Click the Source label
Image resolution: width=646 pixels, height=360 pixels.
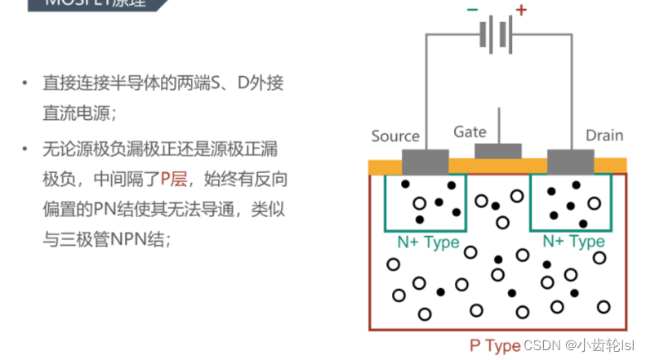pos(395,136)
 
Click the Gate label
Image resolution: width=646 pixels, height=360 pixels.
pos(470,131)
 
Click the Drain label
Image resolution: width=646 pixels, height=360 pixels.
pos(604,136)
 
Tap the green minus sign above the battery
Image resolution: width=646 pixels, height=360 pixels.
pos(472,11)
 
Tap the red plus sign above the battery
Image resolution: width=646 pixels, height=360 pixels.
pos(521,11)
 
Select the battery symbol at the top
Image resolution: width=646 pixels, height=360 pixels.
pos(495,35)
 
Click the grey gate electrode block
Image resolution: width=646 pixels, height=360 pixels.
pos(498,151)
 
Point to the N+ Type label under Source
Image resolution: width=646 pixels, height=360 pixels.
pos(428,242)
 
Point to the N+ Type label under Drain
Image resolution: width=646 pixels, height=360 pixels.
pos(573,242)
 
